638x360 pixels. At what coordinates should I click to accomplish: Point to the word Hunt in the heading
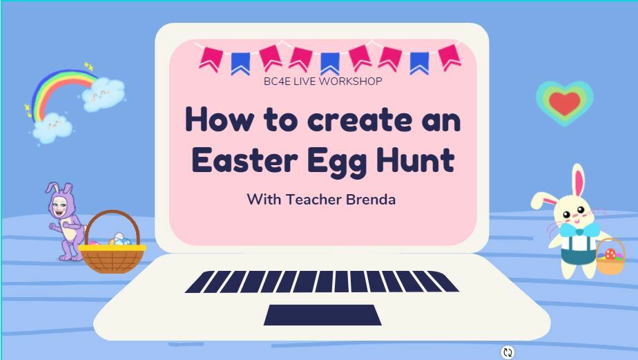[416, 160]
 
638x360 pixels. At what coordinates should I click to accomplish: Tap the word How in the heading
[220, 120]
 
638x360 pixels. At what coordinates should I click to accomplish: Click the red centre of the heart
[564, 103]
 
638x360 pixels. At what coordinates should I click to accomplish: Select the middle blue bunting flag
[330, 64]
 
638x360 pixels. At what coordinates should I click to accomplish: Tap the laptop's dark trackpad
[322, 315]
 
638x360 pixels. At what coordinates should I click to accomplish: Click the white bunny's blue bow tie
[579, 229]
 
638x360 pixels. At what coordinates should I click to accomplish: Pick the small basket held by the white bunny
[610, 256]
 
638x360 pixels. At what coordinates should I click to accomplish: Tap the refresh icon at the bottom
[507, 352]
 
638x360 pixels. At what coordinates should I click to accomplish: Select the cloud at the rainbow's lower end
[52, 128]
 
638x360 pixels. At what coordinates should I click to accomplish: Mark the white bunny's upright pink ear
[578, 181]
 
